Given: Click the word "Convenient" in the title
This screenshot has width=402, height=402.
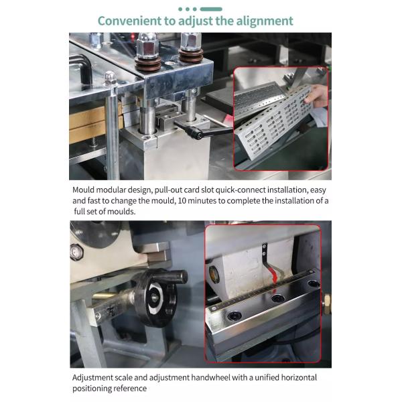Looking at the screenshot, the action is tap(129, 21).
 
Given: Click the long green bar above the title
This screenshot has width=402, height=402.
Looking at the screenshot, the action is tap(211, 9).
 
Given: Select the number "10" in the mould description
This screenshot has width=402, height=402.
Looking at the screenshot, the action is tap(182, 201).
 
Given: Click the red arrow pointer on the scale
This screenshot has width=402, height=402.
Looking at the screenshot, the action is tap(274, 279).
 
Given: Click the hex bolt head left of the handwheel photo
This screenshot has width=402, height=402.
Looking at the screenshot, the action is tap(76, 252).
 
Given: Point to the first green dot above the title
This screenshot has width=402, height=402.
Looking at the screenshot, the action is tap(180, 9).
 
